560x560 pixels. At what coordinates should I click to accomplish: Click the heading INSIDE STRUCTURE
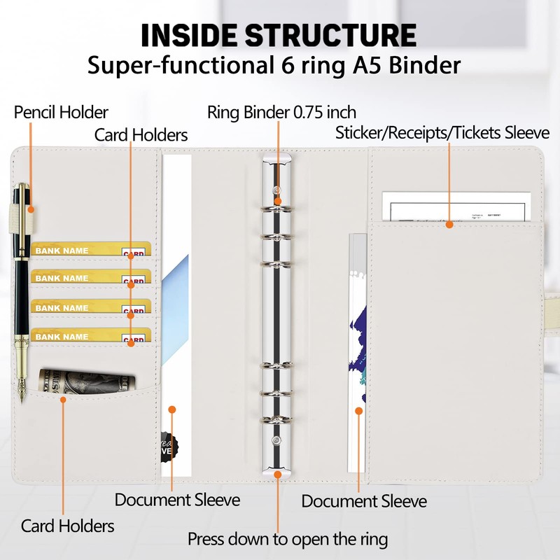coord(278,35)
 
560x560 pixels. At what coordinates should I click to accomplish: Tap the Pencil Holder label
coord(62,112)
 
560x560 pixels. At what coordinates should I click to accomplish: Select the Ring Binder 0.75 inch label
coord(282,112)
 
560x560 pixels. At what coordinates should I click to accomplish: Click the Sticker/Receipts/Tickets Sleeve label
coord(442,133)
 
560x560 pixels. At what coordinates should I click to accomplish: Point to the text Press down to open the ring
coord(288,540)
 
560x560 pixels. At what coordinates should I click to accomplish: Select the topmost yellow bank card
coord(91,250)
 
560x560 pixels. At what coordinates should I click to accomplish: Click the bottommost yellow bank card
coord(91,335)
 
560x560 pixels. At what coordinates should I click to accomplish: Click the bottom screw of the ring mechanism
coord(278,442)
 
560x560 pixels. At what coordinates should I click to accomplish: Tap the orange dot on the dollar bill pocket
coord(63,400)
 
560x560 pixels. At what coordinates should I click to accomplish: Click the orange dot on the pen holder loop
coord(30,208)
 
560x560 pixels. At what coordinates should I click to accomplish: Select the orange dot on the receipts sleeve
coord(450,225)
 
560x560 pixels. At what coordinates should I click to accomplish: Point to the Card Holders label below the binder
coord(68,526)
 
